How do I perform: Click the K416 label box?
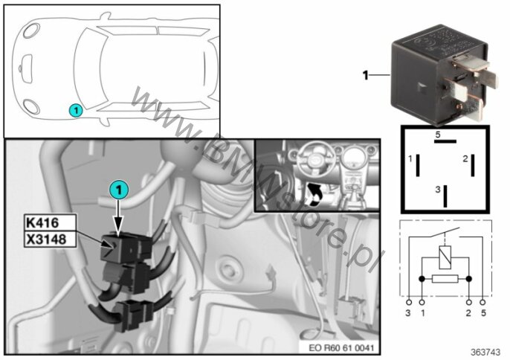[50, 222]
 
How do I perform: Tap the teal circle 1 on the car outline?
[76, 110]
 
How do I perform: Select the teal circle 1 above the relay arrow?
[119, 190]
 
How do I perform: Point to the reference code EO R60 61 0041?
[341, 347]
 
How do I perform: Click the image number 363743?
[485, 353]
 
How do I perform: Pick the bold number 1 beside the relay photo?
[366, 75]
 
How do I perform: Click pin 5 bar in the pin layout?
[445, 141]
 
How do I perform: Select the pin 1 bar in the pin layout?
[418, 165]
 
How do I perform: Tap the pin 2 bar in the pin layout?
[473, 165]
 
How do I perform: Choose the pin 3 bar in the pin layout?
[445, 196]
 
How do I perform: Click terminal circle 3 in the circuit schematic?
[409, 303]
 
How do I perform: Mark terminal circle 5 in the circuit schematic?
[482, 303]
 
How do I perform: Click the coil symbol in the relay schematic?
[445, 258]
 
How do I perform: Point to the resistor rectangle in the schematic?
[445, 279]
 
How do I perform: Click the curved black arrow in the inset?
[314, 194]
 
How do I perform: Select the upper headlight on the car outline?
[32, 30]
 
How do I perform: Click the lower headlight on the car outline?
[32, 107]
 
